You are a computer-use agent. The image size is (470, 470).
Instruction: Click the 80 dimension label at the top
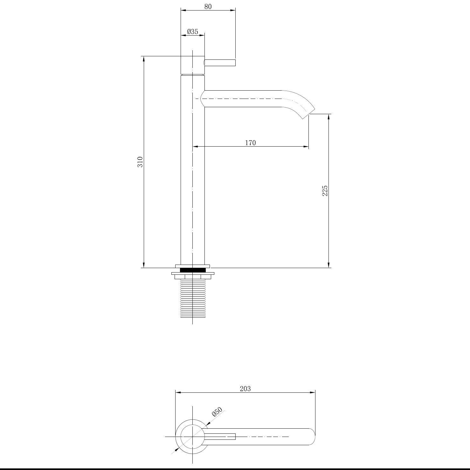(x=208, y=6)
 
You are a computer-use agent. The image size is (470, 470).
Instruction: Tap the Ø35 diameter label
(x=193, y=31)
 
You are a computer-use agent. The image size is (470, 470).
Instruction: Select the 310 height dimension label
(x=140, y=162)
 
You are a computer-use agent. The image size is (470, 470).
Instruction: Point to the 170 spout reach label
(x=250, y=143)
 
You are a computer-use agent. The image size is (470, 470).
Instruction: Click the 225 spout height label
(x=325, y=190)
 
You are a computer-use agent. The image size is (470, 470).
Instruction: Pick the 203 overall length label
(x=245, y=389)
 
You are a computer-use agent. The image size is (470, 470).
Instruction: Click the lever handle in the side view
(x=220, y=63)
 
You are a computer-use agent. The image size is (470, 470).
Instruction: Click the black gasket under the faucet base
(x=193, y=270)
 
